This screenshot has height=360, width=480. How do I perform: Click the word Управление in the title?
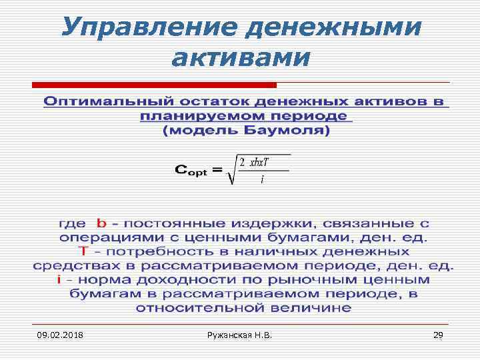coord(145,27)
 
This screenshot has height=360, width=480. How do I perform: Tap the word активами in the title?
coord(241,58)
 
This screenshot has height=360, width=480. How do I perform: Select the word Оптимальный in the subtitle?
coord(106,102)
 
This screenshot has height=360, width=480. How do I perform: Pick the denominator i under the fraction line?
coord(262,180)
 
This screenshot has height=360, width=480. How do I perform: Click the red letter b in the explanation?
coord(101,223)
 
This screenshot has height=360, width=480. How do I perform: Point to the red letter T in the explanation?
coord(83,251)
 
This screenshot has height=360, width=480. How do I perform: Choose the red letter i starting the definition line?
coord(59,279)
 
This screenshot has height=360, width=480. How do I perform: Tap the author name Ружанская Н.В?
coord(240,334)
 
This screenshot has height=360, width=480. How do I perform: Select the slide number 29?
coord(438,334)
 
